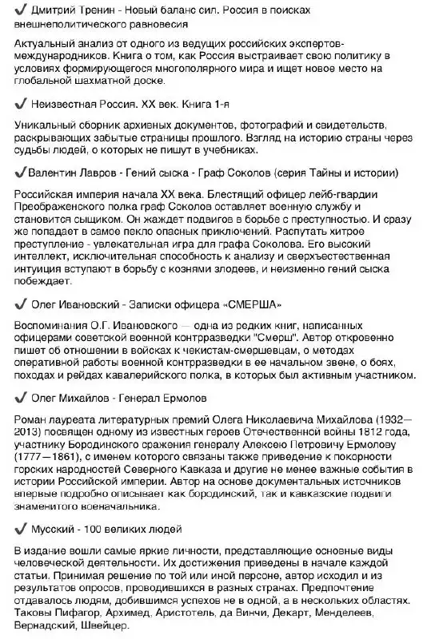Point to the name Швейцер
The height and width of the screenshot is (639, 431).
105,625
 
